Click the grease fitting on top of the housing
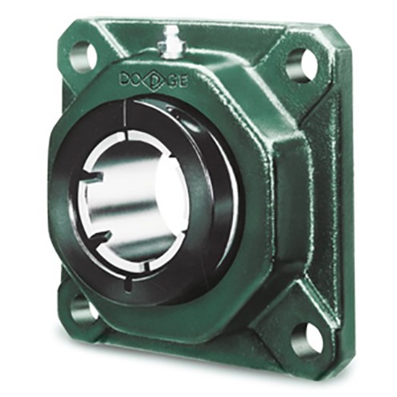[x=170, y=40]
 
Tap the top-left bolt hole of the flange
[x=82, y=58]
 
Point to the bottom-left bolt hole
[x=82, y=307]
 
